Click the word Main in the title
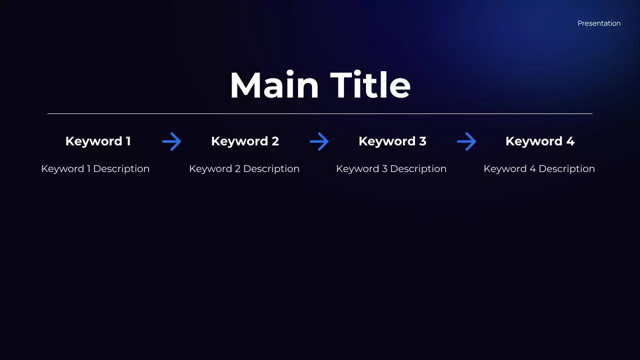coord(274,85)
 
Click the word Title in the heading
coord(370,85)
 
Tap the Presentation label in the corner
coord(599,23)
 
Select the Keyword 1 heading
coord(98,141)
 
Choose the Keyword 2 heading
coord(245,141)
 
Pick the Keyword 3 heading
coord(392,141)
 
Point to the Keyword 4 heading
coord(540,141)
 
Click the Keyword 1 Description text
coord(95,169)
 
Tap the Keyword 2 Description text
coord(244,169)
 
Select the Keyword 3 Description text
coord(391,169)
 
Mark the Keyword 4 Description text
coord(539,169)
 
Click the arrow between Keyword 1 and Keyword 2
coord(171,142)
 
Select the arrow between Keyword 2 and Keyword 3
coord(319,142)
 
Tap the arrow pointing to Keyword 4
coord(466,142)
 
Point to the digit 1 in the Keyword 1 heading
coord(128,141)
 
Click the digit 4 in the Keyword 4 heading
coord(570,141)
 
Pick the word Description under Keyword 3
coord(418,169)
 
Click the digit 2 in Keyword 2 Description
coord(237,169)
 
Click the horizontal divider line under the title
coord(320,114)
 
